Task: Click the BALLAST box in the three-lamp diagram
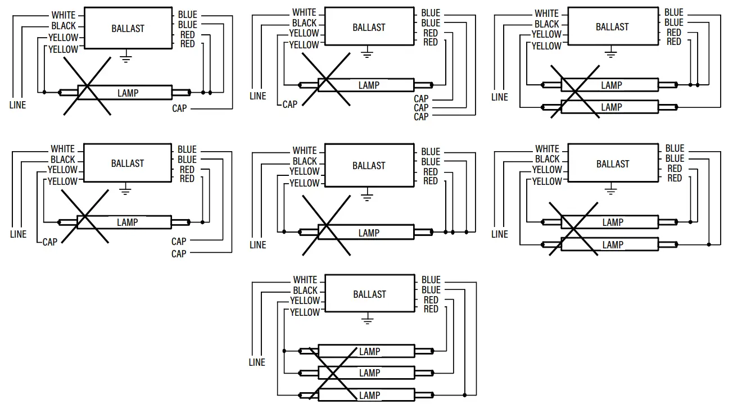click(369, 294)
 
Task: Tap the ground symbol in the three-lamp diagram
click(367, 320)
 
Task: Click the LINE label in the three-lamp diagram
click(257, 362)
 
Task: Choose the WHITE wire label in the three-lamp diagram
click(305, 280)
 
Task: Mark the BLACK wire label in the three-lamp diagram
click(305, 290)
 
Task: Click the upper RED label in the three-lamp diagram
click(431, 300)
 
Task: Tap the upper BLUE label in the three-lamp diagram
click(431, 280)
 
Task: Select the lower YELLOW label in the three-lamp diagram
click(305, 312)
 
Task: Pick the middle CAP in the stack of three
click(421, 108)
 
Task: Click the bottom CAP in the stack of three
click(421, 117)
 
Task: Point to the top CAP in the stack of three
click(421, 99)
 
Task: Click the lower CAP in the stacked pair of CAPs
click(179, 254)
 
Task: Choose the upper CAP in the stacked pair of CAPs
click(179, 242)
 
